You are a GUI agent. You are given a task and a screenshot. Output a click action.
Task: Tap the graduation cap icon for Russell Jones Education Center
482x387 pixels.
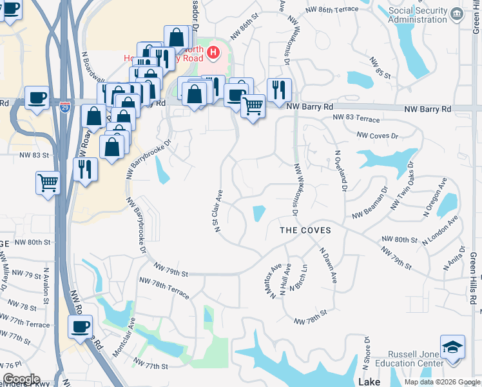click(x=452, y=346)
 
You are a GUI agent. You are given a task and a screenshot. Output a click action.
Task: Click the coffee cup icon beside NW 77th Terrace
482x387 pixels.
click(x=81, y=326)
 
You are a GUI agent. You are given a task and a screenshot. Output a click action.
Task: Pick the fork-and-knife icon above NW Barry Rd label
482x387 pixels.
click(x=279, y=89)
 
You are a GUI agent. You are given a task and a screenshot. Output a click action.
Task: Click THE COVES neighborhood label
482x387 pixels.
click(x=305, y=230)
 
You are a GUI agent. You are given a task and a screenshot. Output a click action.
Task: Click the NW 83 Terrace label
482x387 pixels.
click(x=356, y=118)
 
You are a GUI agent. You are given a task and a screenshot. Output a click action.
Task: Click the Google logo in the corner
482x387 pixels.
click(x=21, y=379)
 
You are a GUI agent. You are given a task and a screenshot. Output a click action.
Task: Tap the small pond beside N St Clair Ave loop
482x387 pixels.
click(x=259, y=212)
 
